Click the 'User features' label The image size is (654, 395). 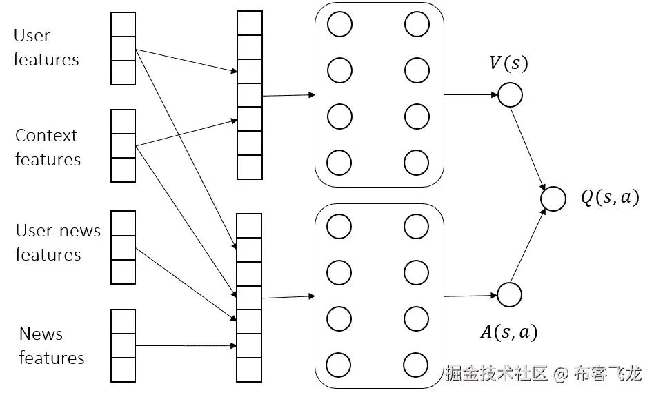(x=46, y=48)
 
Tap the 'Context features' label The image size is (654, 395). (x=48, y=148)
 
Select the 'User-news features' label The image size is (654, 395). (x=58, y=243)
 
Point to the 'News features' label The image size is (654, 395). (x=51, y=346)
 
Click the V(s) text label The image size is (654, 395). (x=508, y=64)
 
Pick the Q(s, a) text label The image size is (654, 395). (x=609, y=199)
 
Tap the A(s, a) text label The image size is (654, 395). (x=508, y=333)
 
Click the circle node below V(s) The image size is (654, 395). (x=510, y=95)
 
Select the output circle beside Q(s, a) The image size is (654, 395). (x=553, y=199)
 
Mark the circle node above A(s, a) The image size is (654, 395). (x=509, y=294)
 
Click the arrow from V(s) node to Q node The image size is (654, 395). (x=530, y=145)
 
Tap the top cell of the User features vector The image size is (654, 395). (x=123, y=25)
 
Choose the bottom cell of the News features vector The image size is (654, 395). (x=123, y=369)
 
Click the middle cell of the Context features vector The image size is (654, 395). (x=123, y=146)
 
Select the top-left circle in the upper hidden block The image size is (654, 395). (x=339, y=25)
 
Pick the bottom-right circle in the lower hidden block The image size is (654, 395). (x=417, y=365)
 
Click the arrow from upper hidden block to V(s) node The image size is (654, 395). (x=470, y=94)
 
